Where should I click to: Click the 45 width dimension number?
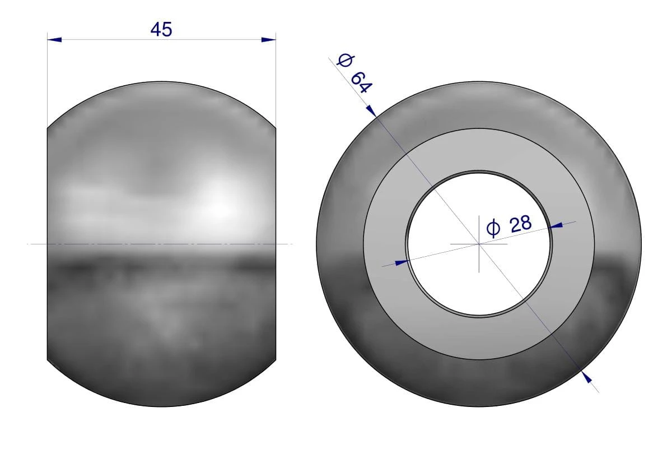161,30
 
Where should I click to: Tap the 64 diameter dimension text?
361,82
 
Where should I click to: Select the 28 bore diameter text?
521,224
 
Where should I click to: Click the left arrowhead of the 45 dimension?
54,40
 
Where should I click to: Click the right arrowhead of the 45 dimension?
268,40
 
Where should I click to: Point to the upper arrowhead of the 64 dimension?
371,110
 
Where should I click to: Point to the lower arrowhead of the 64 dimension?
587,377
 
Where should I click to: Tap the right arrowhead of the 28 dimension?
556,225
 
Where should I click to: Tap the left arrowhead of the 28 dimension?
402,262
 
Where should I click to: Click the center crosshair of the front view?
479,244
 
